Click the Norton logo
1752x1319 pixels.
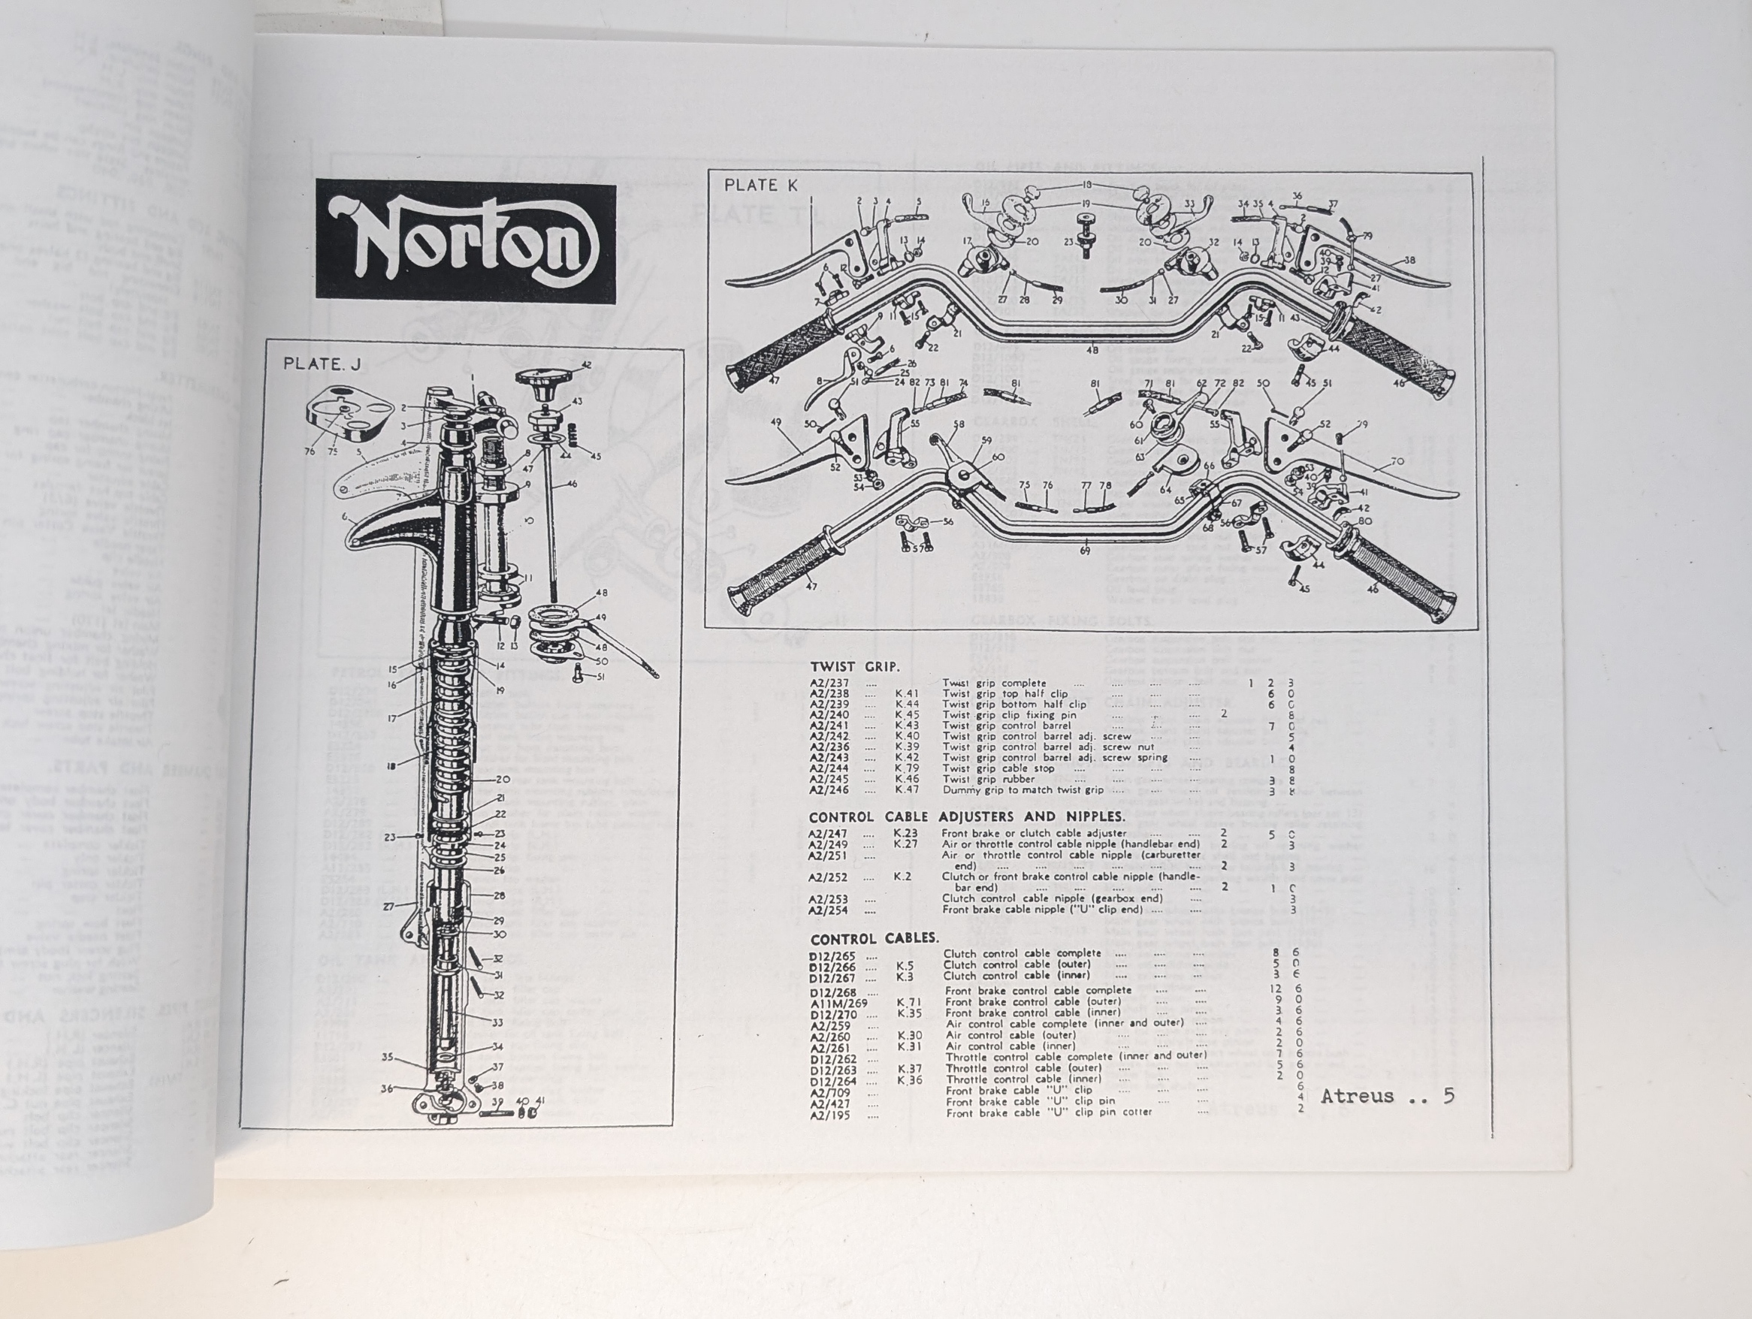click(x=466, y=240)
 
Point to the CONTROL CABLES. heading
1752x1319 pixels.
click(x=874, y=939)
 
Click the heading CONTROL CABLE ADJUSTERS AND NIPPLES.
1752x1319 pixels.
click(x=966, y=816)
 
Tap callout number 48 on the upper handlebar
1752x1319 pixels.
click(x=1092, y=350)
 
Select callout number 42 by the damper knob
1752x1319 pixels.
click(x=586, y=365)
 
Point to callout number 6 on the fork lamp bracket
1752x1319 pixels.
click(x=345, y=517)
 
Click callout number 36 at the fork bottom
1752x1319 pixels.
click(x=385, y=1088)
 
